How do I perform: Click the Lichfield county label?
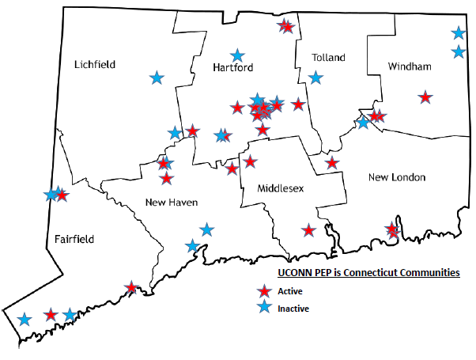click(x=95, y=64)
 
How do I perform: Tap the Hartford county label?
click(x=232, y=69)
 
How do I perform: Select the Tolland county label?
click(x=329, y=58)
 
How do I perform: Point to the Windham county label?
click(x=410, y=67)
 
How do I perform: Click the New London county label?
click(x=397, y=176)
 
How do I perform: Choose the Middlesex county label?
click(x=281, y=189)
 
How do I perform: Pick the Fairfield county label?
click(x=74, y=238)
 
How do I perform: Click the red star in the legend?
click(x=266, y=291)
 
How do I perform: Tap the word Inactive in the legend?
click(x=293, y=309)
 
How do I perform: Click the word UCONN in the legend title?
click(x=293, y=272)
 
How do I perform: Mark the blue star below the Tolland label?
click(x=316, y=78)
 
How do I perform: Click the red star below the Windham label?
click(x=425, y=97)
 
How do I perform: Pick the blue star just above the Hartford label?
click(x=236, y=55)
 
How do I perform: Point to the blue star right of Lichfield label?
click(x=157, y=78)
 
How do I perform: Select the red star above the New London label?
click(x=332, y=163)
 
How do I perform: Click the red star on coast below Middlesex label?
click(x=308, y=231)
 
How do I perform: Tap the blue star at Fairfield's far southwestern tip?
click(x=25, y=320)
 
